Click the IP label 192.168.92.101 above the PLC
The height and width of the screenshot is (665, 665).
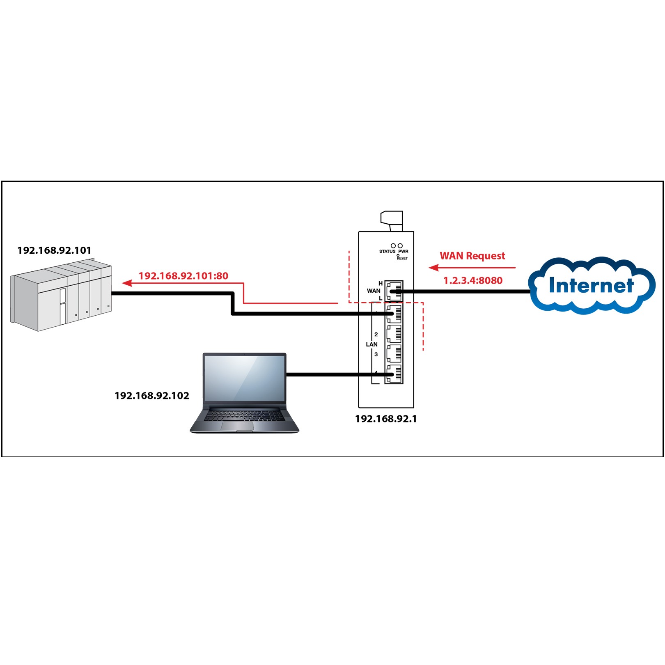pyautogui.click(x=54, y=250)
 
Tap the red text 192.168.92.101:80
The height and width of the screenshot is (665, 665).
pyautogui.click(x=183, y=276)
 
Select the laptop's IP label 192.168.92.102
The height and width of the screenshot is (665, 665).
pyautogui.click(x=152, y=396)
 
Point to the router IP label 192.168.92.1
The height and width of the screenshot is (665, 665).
pyautogui.click(x=386, y=419)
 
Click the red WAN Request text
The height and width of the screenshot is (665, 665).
pyautogui.click(x=472, y=256)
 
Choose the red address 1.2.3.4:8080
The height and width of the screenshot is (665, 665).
pyautogui.click(x=473, y=281)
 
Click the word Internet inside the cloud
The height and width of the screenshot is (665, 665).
pyautogui.click(x=591, y=285)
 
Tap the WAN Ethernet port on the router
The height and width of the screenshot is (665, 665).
pyautogui.click(x=394, y=291)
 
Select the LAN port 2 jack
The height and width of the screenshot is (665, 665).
pyautogui.click(x=394, y=334)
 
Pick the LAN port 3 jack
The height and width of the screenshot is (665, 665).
pyautogui.click(x=394, y=354)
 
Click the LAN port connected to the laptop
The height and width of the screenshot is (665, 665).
pyautogui.click(x=394, y=374)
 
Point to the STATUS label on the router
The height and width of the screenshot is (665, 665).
pyautogui.click(x=387, y=251)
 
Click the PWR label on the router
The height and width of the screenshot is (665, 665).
pyautogui.click(x=403, y=251)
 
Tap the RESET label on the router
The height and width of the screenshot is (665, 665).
pyautogui.click(x=402, y=259)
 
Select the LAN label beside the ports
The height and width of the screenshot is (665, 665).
pyautogui.click(x=371, y=344)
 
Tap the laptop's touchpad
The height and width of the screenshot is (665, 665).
pyautogui.click(x=237, y=427)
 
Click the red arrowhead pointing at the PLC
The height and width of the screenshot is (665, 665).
pyautogui.click(x=127, y=283)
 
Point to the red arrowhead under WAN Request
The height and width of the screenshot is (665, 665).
pyautogui.click(x=433, y=268)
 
